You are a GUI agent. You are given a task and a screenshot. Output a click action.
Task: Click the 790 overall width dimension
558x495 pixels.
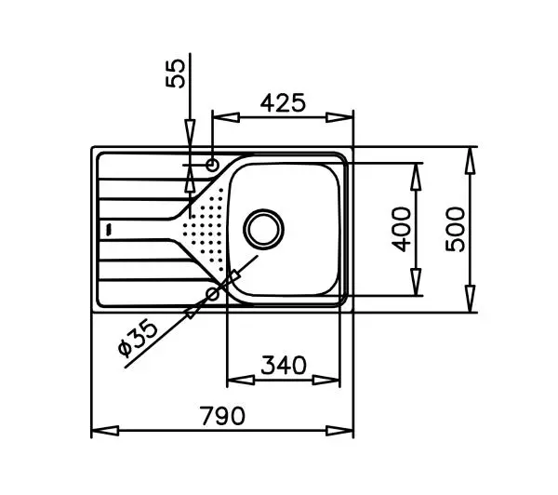point(223,416)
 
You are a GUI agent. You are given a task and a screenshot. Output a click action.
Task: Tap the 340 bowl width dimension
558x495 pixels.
point(284,365)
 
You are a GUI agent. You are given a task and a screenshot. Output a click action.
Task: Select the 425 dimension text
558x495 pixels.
point(283,103)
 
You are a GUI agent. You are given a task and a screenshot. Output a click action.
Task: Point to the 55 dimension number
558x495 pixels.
point(176,74)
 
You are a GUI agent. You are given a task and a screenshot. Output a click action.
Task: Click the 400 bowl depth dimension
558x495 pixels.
point(401,229)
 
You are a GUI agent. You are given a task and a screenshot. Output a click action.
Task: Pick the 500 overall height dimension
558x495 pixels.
point(455,229)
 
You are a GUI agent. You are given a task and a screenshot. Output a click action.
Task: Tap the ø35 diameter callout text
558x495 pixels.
point(138,339)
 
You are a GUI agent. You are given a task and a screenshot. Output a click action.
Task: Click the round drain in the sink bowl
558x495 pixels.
point(264,229)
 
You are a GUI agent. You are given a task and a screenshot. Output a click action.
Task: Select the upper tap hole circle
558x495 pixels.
point(212,165)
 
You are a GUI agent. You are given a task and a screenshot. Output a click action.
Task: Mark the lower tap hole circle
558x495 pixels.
point(213,294)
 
